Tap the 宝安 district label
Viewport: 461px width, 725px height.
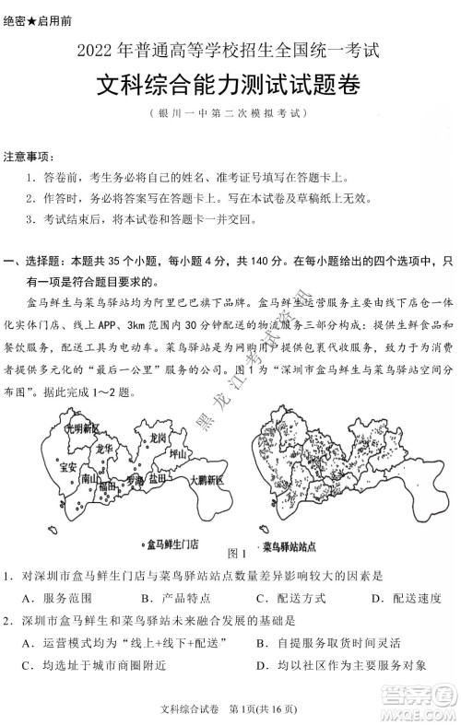coord(66,466)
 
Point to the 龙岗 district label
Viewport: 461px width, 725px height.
coord(158,437)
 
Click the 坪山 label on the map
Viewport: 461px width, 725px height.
coord(179,453)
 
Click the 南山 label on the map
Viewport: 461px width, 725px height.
coord(89,479)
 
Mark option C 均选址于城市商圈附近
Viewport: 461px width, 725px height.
coord(93,664)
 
